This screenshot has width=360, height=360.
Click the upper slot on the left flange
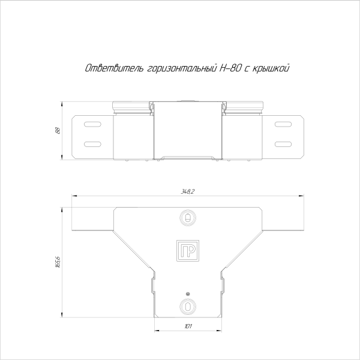click(92, 124)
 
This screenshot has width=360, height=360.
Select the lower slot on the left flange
click(92, 144)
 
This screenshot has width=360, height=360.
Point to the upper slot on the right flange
click(283, 124)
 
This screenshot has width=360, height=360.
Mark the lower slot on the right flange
click(283, 144)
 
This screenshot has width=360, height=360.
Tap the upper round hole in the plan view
click(188, 217)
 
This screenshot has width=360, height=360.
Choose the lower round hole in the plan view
click(188, 306)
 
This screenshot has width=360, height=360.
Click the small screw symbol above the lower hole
click(188, 293)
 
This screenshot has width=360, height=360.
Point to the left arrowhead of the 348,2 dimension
click(74, 196)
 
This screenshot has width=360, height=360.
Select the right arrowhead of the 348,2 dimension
click(302, 196)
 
